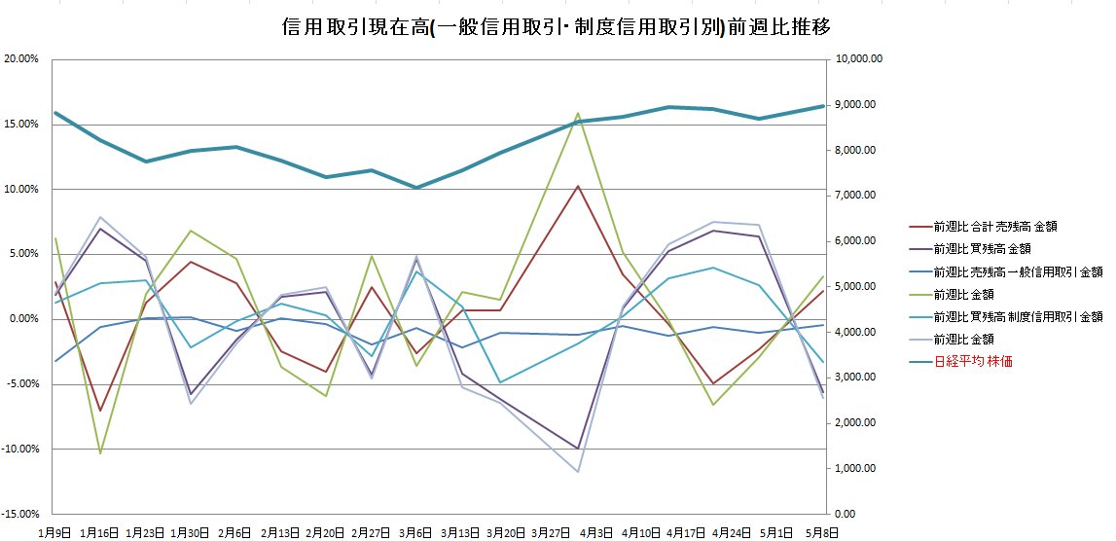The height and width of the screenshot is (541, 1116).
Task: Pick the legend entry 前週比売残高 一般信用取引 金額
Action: coord(1017,271)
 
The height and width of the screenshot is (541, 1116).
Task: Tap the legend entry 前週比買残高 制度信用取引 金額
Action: coord(1017,316)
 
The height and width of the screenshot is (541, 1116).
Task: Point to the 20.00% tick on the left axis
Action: coord(21,59)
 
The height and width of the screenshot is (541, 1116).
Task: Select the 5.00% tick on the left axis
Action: coord(23,254)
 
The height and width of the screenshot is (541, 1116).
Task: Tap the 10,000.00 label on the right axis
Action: coord(858,59)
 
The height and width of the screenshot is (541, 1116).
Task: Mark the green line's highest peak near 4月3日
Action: coord(578,113)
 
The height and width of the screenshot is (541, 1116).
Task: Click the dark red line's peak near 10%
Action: coord(578,186)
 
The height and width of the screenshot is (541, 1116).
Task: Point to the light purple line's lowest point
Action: coord(578,472)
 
